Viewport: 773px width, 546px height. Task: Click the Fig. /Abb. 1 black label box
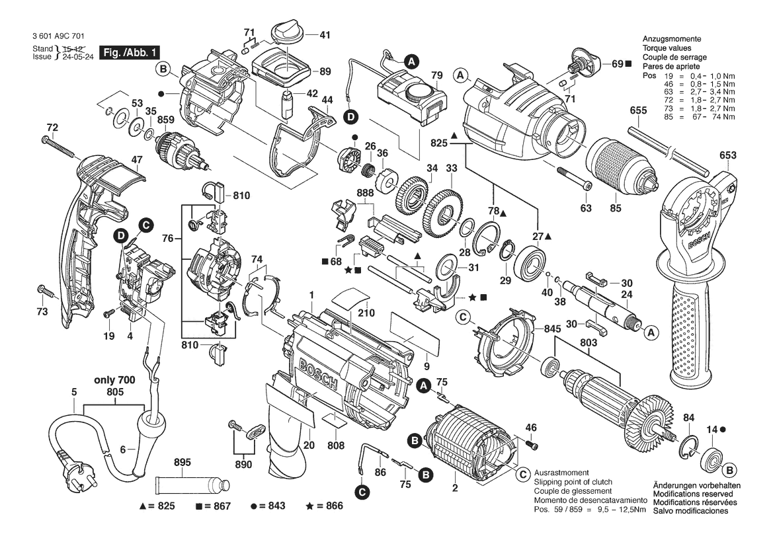[130, 52]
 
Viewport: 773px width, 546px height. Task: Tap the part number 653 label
[727, 155]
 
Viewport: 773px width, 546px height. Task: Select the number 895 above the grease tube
[183, 462]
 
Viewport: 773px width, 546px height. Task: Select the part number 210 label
[366, 313]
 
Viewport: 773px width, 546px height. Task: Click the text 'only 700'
[114, 380]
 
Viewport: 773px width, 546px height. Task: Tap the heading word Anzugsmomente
[671, 39]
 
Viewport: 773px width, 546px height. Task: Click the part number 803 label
[588, 343]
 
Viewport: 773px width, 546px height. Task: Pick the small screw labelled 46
[532, 446]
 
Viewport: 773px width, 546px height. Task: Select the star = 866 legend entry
[325, 506]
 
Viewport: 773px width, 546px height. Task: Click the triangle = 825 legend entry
[157, 506]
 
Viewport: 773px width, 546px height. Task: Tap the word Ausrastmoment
[561, 473]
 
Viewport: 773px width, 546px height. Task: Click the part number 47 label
[137, 160]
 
